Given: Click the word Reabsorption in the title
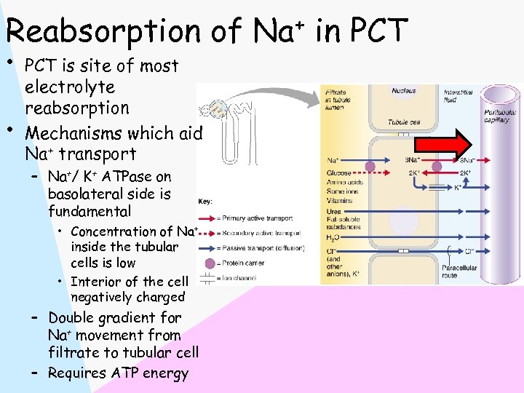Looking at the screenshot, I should (x=101, y=31).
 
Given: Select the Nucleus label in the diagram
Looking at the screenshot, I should (x=404, y=91).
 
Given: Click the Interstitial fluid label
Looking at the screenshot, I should (x=459, y=96).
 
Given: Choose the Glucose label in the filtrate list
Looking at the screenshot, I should (x=339, y=172).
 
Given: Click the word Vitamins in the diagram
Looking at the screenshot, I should (x=341, y=200).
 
